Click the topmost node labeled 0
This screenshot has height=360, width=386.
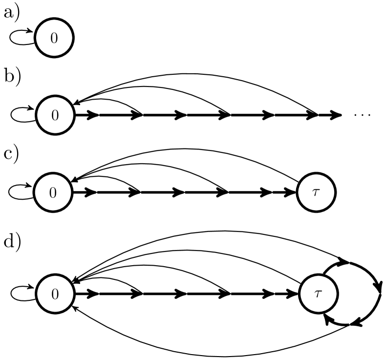54,38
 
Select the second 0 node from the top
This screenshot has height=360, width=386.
55,115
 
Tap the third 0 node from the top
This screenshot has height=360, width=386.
53,192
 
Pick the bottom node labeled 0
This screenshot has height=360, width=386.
55,294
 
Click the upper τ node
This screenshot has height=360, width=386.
316,192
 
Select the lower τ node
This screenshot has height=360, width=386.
318,294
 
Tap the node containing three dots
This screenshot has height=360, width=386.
362,115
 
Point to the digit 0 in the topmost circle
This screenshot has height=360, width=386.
54,38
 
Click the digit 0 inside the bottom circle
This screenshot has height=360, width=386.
55,294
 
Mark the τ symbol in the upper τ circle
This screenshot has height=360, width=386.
316,192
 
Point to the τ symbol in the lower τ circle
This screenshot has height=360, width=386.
318,294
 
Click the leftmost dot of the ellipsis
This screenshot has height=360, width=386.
356,115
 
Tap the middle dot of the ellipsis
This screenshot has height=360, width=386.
362,115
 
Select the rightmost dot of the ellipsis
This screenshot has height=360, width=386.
368,115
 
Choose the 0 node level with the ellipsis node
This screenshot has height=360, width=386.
55,115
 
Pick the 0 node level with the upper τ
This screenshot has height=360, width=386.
53,192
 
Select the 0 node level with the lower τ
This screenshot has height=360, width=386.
55,294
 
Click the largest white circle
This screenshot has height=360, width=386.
362,115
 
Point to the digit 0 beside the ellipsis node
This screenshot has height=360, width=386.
55,116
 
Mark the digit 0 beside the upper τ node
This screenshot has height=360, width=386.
53,193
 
